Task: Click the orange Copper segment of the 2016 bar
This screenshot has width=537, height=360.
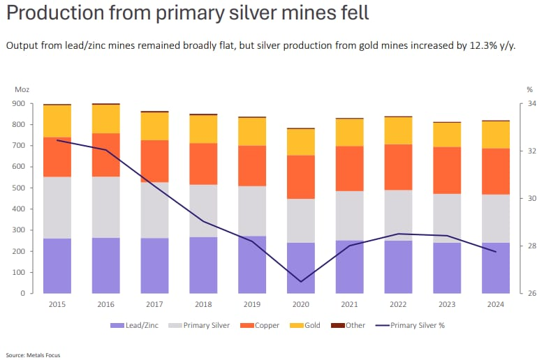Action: [105, 155]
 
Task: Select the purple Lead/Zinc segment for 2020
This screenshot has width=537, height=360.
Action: [301, 268]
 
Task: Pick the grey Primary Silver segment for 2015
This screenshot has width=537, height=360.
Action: [57, 207]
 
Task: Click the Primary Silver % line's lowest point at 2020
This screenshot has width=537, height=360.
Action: [301, 282]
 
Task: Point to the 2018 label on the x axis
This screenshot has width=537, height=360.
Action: [203, 303]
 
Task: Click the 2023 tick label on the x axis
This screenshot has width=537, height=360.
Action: [447, 303]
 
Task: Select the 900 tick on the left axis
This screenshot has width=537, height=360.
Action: [18, 103]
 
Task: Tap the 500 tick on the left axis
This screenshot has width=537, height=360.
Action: [18, 188]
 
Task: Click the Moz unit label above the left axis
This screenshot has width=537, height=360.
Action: [20, 89]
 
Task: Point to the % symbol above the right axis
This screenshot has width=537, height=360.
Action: [529, 89]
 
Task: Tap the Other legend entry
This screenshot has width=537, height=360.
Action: [353, 325]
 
